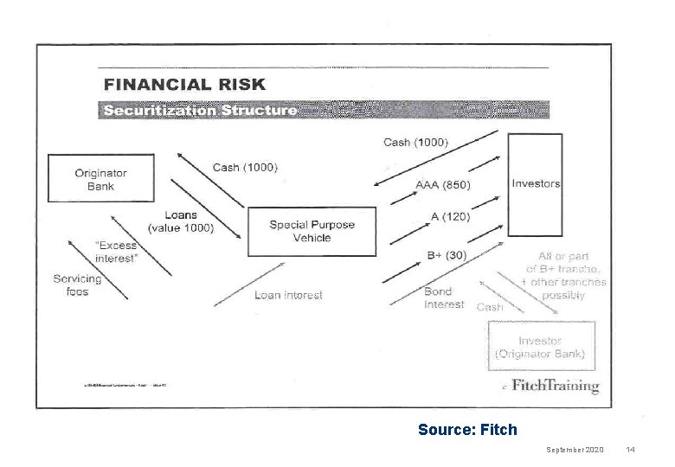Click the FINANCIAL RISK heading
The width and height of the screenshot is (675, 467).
pyautogui.click(x=185, y=85)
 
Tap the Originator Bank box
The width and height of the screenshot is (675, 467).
pyautogui.click(x=100, y=179)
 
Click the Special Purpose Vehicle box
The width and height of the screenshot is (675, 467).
pyautogui.click(x=312, y=231)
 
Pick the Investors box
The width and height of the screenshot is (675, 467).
pyautogui.click(x=536, y=183)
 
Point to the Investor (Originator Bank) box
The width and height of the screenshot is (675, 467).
pyautogui.click(x=541, y=347)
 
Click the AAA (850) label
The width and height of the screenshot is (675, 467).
pyautogui.click(x=442, y=184)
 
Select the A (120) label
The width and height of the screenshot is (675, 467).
pyautogui.click(x=450, y=215)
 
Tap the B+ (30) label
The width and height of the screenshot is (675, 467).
pyautogui.click(x=447, y=255)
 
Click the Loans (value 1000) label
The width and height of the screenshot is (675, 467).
pyautogui.click(x=181, y=221)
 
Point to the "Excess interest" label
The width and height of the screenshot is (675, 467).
pyautogui.click(x=115, y=252)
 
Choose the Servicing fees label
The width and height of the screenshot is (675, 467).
pyautogui.click(x=77, y=285)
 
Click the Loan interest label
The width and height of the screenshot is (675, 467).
pyautogui.click(x=288, y=295)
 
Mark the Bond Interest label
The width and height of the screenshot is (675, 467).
pyautogui.click(x=444, y=297)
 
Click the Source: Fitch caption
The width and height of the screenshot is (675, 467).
pyautogui.click(x=466, y=429)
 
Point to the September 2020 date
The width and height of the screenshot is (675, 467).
pyautogui.click(x=576, y=450)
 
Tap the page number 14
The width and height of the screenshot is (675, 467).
pyautogui.click(x=631, y=450)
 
